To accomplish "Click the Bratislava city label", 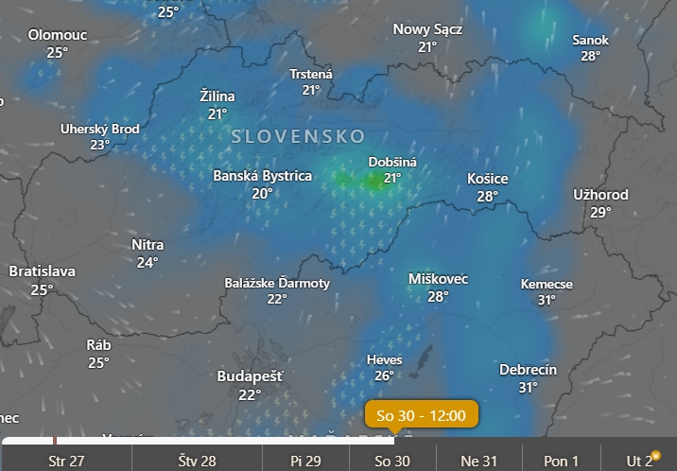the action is click(42, 271).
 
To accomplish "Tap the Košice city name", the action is click(488, 179).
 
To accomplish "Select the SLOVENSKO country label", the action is click(298, 136).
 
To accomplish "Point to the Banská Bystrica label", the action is click(262, 176).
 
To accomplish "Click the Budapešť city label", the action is click(250, 376).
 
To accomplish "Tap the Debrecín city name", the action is click(528, 370).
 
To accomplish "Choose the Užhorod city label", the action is click(600, 195).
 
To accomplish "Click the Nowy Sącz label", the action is click(427, 29).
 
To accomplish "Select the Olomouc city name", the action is click(58, 34).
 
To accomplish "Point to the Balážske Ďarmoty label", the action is click(277, 283).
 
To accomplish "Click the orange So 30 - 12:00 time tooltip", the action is click(422, 415).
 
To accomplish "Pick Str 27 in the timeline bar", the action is click(66, 462).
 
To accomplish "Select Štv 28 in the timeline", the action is click(198, 462).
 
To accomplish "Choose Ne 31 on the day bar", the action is click(477, 462).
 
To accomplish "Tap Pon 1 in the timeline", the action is click(562, 462).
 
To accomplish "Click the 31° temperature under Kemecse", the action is click(547, 301).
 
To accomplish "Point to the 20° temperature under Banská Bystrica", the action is click(262, 193).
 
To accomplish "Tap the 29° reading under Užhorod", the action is click(600, 212).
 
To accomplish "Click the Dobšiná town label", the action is click(392, 162).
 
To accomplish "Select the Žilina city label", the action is click(217, 96).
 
